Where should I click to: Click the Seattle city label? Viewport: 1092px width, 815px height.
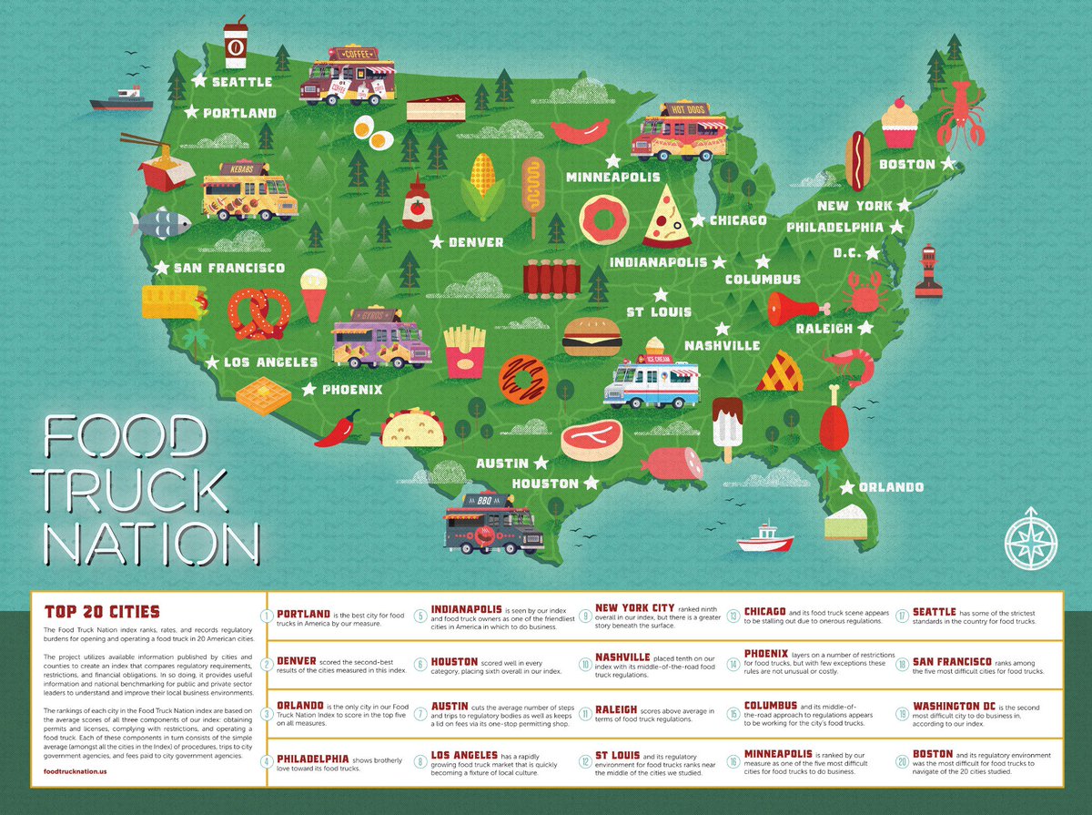point(241,82)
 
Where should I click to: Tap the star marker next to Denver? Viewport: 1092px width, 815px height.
point(436,242)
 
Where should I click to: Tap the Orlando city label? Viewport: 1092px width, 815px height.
point(891,487)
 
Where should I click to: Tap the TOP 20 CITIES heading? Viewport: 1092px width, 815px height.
point(96,610)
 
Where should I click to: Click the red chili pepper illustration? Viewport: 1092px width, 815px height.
point(338,428)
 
